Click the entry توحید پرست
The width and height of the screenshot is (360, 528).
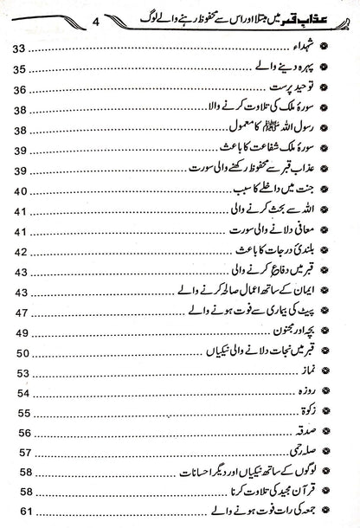pos(298,88)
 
